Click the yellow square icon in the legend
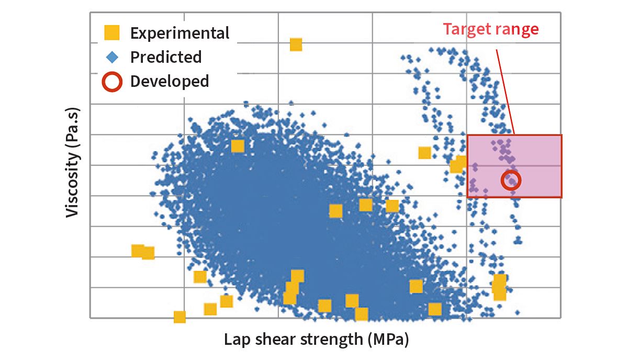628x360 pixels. [111, 33]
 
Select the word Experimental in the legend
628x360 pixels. [180, 33]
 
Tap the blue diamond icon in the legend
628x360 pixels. [111, 57]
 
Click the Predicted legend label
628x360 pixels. [165, 57]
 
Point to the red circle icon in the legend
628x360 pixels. [112, 82]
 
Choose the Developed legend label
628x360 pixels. [169, 82]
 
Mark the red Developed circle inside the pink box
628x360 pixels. [511, 180]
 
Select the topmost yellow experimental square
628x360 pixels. [296, 44]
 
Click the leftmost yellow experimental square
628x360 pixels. [137, 251]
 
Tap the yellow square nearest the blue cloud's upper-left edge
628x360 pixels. [238, 146]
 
